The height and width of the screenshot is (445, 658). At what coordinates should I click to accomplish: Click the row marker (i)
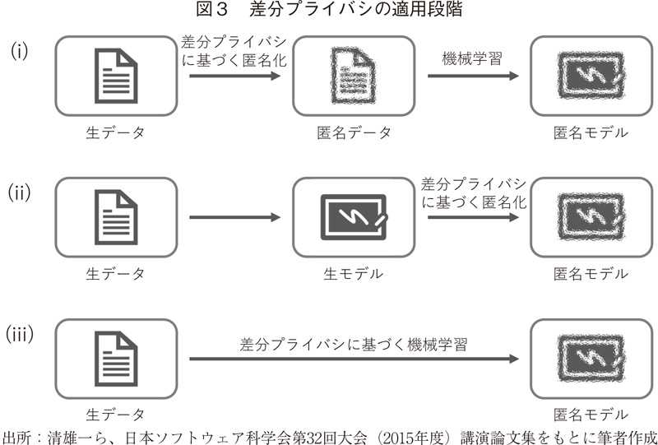pos(19,51)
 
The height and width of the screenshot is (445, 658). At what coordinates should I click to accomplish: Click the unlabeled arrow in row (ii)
pos(235,218)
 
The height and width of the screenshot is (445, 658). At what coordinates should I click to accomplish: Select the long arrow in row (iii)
pos(354,359)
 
